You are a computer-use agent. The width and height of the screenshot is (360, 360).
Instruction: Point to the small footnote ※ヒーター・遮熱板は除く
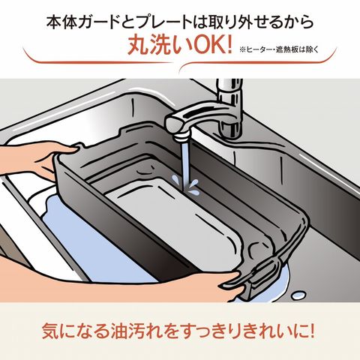click(x=279, y=49)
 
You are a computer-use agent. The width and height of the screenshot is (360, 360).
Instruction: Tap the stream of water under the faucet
click(x=185, y=165)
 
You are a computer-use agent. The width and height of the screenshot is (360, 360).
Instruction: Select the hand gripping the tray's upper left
click(x=35, y=159)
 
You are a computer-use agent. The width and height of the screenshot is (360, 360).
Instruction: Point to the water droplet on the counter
click(x=299, y=295)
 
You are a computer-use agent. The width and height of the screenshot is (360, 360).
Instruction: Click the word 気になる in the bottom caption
click(x=75, y=331)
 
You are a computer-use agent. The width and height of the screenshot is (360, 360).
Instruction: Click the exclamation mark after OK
click(x=227, y=46)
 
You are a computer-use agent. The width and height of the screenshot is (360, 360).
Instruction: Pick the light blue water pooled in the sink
click(x=92, y=238)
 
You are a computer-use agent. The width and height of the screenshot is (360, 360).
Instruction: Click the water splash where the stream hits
click(x=185, y=185)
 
